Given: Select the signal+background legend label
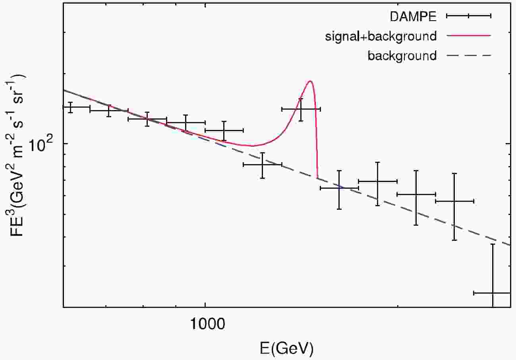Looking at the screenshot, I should [x=381, y=36].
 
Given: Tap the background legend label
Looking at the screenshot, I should [x=402, y=56].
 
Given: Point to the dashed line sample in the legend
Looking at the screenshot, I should [x=469, y=55].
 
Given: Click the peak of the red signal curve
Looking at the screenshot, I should [x=310, y=81].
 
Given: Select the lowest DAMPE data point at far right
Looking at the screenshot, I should [x=493, y=293].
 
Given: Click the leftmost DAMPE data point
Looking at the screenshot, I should [x=70, y=107].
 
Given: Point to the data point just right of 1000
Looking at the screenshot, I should [x=224, y=130].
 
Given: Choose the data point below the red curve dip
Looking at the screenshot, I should [x=262, y=164].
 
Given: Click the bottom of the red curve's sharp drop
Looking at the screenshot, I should [x=317, y=177].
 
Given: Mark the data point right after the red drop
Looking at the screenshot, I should [x=339, y=188].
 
